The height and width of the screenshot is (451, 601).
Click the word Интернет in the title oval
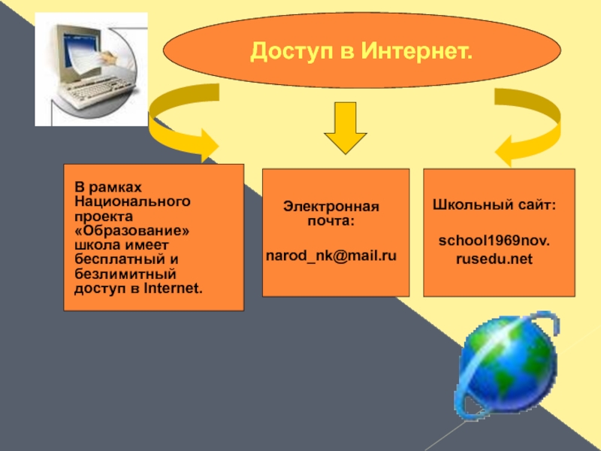[x=417, y=52]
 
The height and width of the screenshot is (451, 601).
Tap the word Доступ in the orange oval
[x=288, y=52]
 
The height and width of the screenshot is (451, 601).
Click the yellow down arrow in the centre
[x=344, y=129]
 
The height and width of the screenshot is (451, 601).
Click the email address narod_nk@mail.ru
[x=331, y=256]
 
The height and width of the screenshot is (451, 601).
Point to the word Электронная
[x=331, y=207]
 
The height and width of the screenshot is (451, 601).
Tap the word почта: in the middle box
[x=331, y=221]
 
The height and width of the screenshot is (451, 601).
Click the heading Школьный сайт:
[x=494, y=204]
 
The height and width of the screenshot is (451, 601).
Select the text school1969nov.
[x=494, y=243]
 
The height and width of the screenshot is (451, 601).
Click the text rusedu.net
[x=494, y=260]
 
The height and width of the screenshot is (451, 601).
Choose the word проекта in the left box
[x=98, y=216]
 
